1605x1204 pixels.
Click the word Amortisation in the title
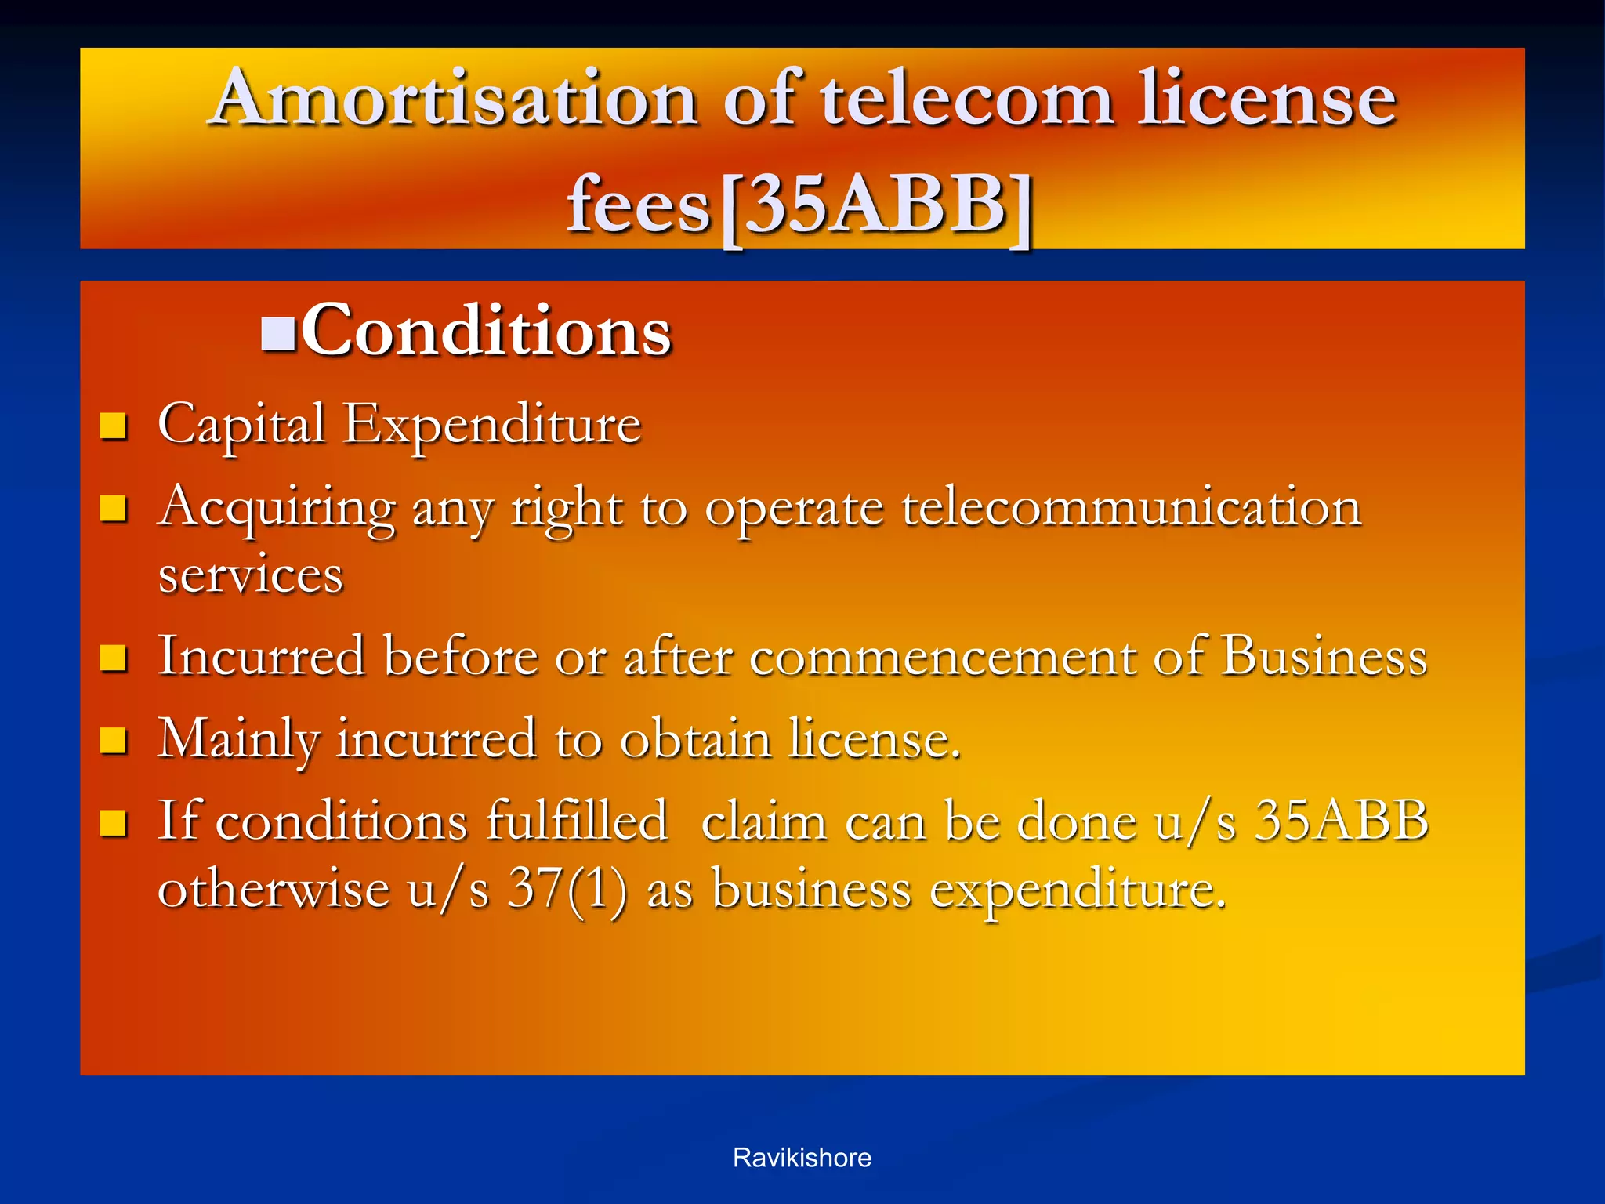(455, 100)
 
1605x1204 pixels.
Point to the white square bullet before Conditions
(278, 334)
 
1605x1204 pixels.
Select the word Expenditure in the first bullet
(492, 426)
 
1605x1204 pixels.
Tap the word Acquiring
(277, 508)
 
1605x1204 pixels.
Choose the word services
(251, 575)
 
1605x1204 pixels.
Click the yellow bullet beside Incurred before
(114, 658)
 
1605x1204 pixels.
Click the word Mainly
(238, 739)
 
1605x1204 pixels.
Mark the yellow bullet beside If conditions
(114, 822)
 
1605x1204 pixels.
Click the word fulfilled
(576, 821)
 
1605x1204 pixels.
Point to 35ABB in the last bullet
(1341, 821)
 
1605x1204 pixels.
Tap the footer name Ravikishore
(802, 1158)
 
